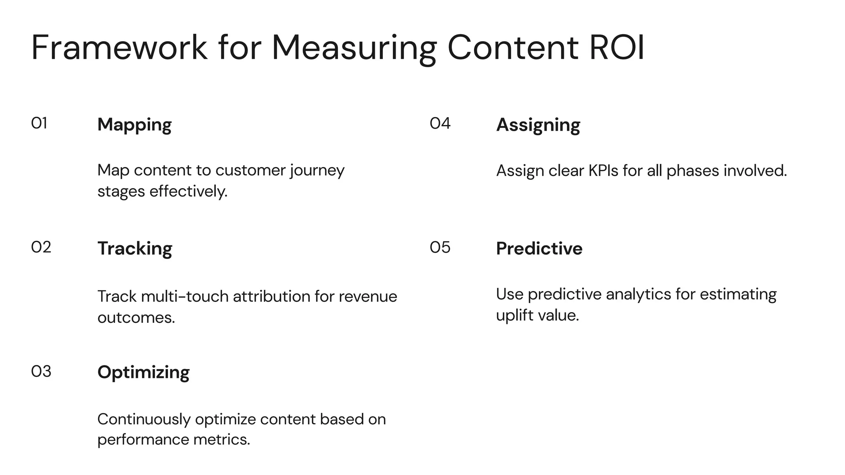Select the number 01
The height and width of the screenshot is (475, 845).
(x=39, y=123)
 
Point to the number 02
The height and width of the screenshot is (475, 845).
(x=41, y=247)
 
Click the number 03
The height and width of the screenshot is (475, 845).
(x=41, y=372)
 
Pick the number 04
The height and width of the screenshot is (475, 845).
(x=440, y=123)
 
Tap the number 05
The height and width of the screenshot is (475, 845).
(x=440, y=247)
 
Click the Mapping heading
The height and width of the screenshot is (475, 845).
(x=135, y=125)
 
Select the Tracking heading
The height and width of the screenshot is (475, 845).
(x=135, y=249)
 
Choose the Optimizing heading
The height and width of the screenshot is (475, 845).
(x=143, y=372)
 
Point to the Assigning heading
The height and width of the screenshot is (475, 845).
(x=538, y=125)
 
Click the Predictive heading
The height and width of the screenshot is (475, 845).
(x=539, y=249)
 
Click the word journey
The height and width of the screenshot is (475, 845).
(x=317, y=171)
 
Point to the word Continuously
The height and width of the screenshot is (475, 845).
(x=144, y=419)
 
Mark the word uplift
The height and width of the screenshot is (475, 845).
(x=514, y=315)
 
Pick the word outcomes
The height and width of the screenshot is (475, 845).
(x=136, y=318)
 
